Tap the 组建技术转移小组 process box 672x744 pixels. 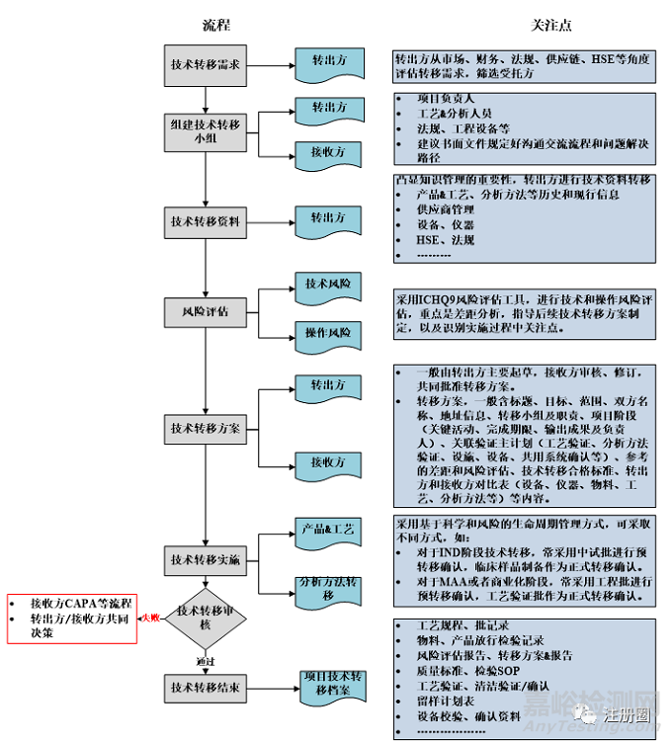pyautogui.click(x=206, y=131)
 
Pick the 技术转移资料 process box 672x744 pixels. pyautogui.click(x=206, y=221)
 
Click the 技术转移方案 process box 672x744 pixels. pyautogui.click(x=206, y=429)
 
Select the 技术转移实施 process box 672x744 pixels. pyautogui.click(x=206, y=559)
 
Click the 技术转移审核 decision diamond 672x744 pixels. pyautogui.click(x=205, y=619)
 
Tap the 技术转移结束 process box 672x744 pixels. pyautogui.click(x=206, y=688)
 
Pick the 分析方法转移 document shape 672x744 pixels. pyautogui.click(x=329, y=589)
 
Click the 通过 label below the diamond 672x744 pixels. pyautogui.click(x=205, y=660)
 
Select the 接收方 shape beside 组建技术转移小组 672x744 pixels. pyautogui.click(x=329, y=153)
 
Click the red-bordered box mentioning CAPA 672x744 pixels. pyautogui.click(x=70, y=618)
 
